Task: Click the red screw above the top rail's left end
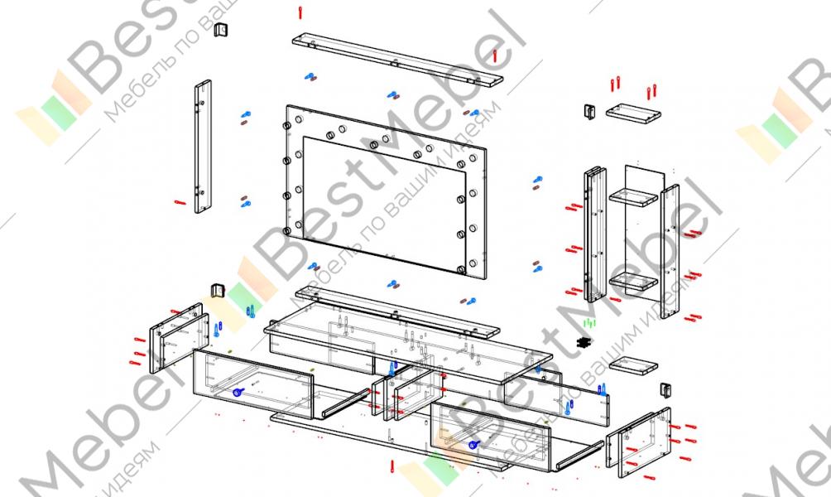click(300, 13)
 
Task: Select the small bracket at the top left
click(221, 31)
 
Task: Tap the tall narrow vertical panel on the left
click(203, 147)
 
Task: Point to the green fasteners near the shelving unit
click(588, 321)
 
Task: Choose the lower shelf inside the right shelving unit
click(633, 282)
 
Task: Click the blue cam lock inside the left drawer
click(236, 393)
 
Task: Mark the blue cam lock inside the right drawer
click(473, 445)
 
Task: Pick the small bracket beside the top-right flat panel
click(589, 110)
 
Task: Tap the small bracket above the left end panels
click(219, 289)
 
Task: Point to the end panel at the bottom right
click(638, 442)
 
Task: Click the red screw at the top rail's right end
click(495, 55)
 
